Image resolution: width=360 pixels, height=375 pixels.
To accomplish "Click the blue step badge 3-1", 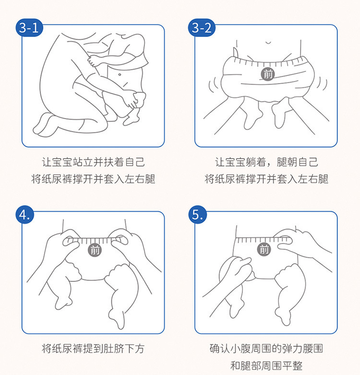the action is (29, 28).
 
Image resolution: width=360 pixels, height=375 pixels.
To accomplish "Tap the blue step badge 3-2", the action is (202, 28).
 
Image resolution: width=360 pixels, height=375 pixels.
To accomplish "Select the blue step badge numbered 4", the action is (25, 215).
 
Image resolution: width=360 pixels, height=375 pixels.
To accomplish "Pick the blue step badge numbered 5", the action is (197, 215).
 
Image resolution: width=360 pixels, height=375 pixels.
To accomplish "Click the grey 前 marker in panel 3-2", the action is (268, 74).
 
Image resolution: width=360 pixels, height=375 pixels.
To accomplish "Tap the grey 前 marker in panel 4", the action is (95, 250).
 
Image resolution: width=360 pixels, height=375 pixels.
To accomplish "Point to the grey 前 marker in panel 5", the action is (264, 250).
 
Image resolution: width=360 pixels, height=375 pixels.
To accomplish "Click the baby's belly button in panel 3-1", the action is (120, 74).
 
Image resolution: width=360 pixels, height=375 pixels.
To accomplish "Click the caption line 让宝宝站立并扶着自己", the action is (93, 162).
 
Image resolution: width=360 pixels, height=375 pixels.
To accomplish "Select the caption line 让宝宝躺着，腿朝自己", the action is (266, 162).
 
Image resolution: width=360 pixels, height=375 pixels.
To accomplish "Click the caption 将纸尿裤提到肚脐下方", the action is (93, 349).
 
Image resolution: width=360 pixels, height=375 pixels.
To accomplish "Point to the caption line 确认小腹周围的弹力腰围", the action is (266, 349).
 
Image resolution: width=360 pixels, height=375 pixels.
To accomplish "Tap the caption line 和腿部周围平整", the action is (266, 366).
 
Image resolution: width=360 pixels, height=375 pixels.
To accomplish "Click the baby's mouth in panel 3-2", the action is (268, 43).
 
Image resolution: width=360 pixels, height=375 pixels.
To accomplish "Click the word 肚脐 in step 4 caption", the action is (114, 349).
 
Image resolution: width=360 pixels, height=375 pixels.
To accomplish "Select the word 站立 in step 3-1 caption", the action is (78, 162).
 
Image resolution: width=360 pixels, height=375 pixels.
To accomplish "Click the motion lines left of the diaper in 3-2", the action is (214, 85).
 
